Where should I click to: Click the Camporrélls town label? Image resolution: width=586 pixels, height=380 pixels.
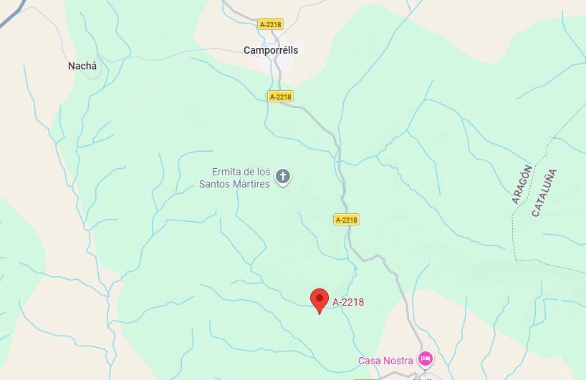coord(271,50)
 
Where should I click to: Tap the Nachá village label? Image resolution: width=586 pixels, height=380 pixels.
coord(82,66)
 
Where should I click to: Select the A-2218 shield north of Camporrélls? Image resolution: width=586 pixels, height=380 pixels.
coord(271,24)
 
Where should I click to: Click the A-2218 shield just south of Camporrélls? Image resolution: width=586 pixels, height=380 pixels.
coord(281,97)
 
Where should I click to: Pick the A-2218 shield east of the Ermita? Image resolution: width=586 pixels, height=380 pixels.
coord(346,220)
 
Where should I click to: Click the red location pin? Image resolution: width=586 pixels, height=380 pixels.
coord(319,299)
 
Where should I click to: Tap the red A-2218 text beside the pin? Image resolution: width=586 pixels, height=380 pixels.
coord(348,302)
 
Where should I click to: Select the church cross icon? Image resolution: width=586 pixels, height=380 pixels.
coord(283,176)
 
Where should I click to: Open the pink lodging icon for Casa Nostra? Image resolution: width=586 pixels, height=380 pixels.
coord(426,359)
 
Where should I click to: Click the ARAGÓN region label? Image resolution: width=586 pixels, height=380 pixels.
coord(522,185)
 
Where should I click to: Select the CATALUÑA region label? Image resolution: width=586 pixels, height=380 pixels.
coord(544,193)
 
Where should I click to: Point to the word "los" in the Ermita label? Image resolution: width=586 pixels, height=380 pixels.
coord(264,172)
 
